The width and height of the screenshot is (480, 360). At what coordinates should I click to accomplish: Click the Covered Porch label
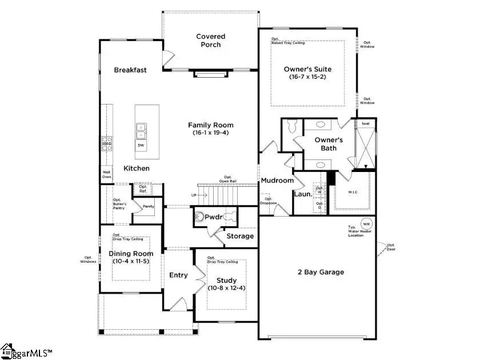211,41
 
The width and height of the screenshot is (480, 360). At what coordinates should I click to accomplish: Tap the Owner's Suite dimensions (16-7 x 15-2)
307,77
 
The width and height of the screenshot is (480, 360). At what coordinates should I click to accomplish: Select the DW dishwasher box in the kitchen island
141,146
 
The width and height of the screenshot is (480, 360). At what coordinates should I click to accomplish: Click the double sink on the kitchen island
141,131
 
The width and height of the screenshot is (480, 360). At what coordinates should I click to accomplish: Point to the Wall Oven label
106,174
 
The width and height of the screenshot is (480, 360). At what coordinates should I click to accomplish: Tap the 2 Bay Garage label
321,272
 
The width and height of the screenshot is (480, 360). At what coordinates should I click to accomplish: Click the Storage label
240,236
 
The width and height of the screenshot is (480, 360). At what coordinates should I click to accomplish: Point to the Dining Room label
131,254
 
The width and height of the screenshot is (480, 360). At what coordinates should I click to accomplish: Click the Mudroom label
277,181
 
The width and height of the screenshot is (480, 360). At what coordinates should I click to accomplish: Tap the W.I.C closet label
353,192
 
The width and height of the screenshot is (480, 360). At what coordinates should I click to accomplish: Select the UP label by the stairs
194,195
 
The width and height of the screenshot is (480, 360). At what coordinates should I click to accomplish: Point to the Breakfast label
130,70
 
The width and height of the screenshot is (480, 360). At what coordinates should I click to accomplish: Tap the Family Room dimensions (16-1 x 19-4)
211,133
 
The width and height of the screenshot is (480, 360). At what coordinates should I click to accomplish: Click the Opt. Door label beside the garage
391,247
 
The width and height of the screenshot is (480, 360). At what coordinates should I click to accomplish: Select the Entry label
178,275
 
